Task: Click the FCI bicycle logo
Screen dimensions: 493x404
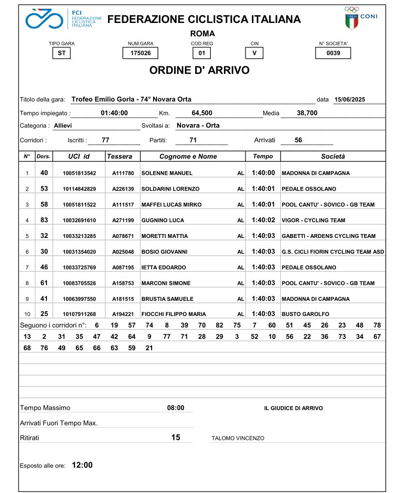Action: [44, 19]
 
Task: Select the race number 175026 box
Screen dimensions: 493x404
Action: [140, 53]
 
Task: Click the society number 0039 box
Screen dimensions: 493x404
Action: [333, 53]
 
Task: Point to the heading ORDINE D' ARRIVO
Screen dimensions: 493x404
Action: [199, 70]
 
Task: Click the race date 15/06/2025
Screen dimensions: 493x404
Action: [350, 100]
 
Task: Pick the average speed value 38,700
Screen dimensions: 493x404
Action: [307, 113]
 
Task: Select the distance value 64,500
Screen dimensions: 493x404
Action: [202, 113]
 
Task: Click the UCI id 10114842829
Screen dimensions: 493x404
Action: [79, 189]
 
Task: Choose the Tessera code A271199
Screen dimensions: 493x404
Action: [123, 220]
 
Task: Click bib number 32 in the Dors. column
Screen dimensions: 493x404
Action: [44, 236]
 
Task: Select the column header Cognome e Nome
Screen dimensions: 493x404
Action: [188, 157]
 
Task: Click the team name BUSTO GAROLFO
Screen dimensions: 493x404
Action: [305, 314]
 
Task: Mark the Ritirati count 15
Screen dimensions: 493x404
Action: [176, 437]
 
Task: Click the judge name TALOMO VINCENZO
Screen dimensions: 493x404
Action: [238, 438]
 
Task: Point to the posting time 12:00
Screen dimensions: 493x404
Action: [82, 465]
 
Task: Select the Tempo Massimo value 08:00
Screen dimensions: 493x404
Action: [176, 408]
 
